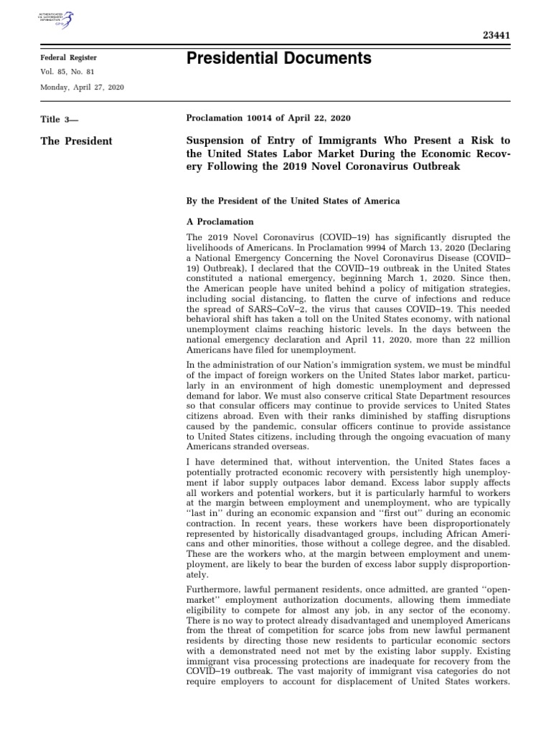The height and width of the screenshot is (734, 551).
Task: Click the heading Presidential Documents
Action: pos(279,59)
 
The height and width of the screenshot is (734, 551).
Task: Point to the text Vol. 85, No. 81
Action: pos(68,72)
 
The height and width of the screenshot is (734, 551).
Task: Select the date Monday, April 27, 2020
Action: pos(82,87)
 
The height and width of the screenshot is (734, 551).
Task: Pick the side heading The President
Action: pos(77,140)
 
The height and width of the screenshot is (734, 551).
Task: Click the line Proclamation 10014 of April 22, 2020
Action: pos(268,118)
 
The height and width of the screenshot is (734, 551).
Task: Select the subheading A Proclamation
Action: pos(220,221)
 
